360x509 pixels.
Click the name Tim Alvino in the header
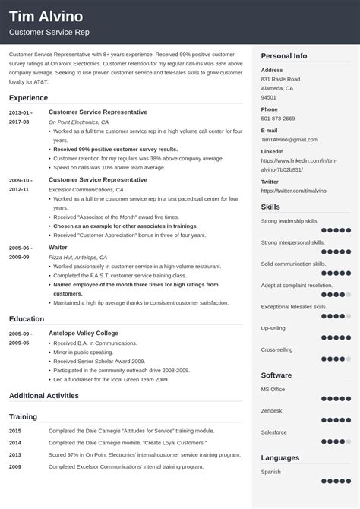click(x=46, y=17)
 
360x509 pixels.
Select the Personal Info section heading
click(x=284, y=56)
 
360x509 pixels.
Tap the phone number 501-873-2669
click(x=278, y=119)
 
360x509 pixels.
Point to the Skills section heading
click(x=270, y=207)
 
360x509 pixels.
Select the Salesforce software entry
click(x=274, y=432)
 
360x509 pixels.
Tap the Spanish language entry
click(x=272, y=471)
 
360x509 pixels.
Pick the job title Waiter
click(x=59, y=248)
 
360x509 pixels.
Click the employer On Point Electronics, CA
click(x=79, y=122)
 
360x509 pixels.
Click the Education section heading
click(x=27, y=319)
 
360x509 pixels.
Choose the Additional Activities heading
click(x=44, y=395)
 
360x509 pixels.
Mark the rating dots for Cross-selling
click(x=335, y=358)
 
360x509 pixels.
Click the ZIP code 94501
click(x=269, y=97)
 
